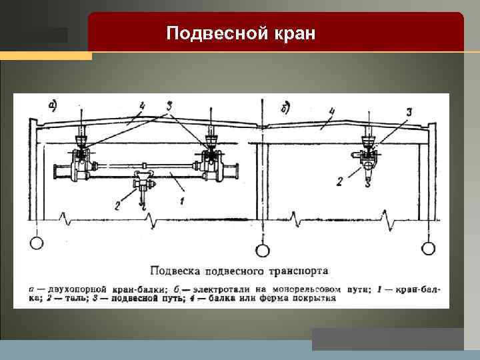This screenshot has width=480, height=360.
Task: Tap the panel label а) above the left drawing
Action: point(52,105)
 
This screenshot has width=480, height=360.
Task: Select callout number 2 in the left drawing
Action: point(118,205)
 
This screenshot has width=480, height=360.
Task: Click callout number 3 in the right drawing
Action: point(409,111)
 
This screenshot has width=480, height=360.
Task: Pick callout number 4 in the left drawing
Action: point(141,105)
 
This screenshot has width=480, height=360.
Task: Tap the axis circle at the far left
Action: point(36,243)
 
